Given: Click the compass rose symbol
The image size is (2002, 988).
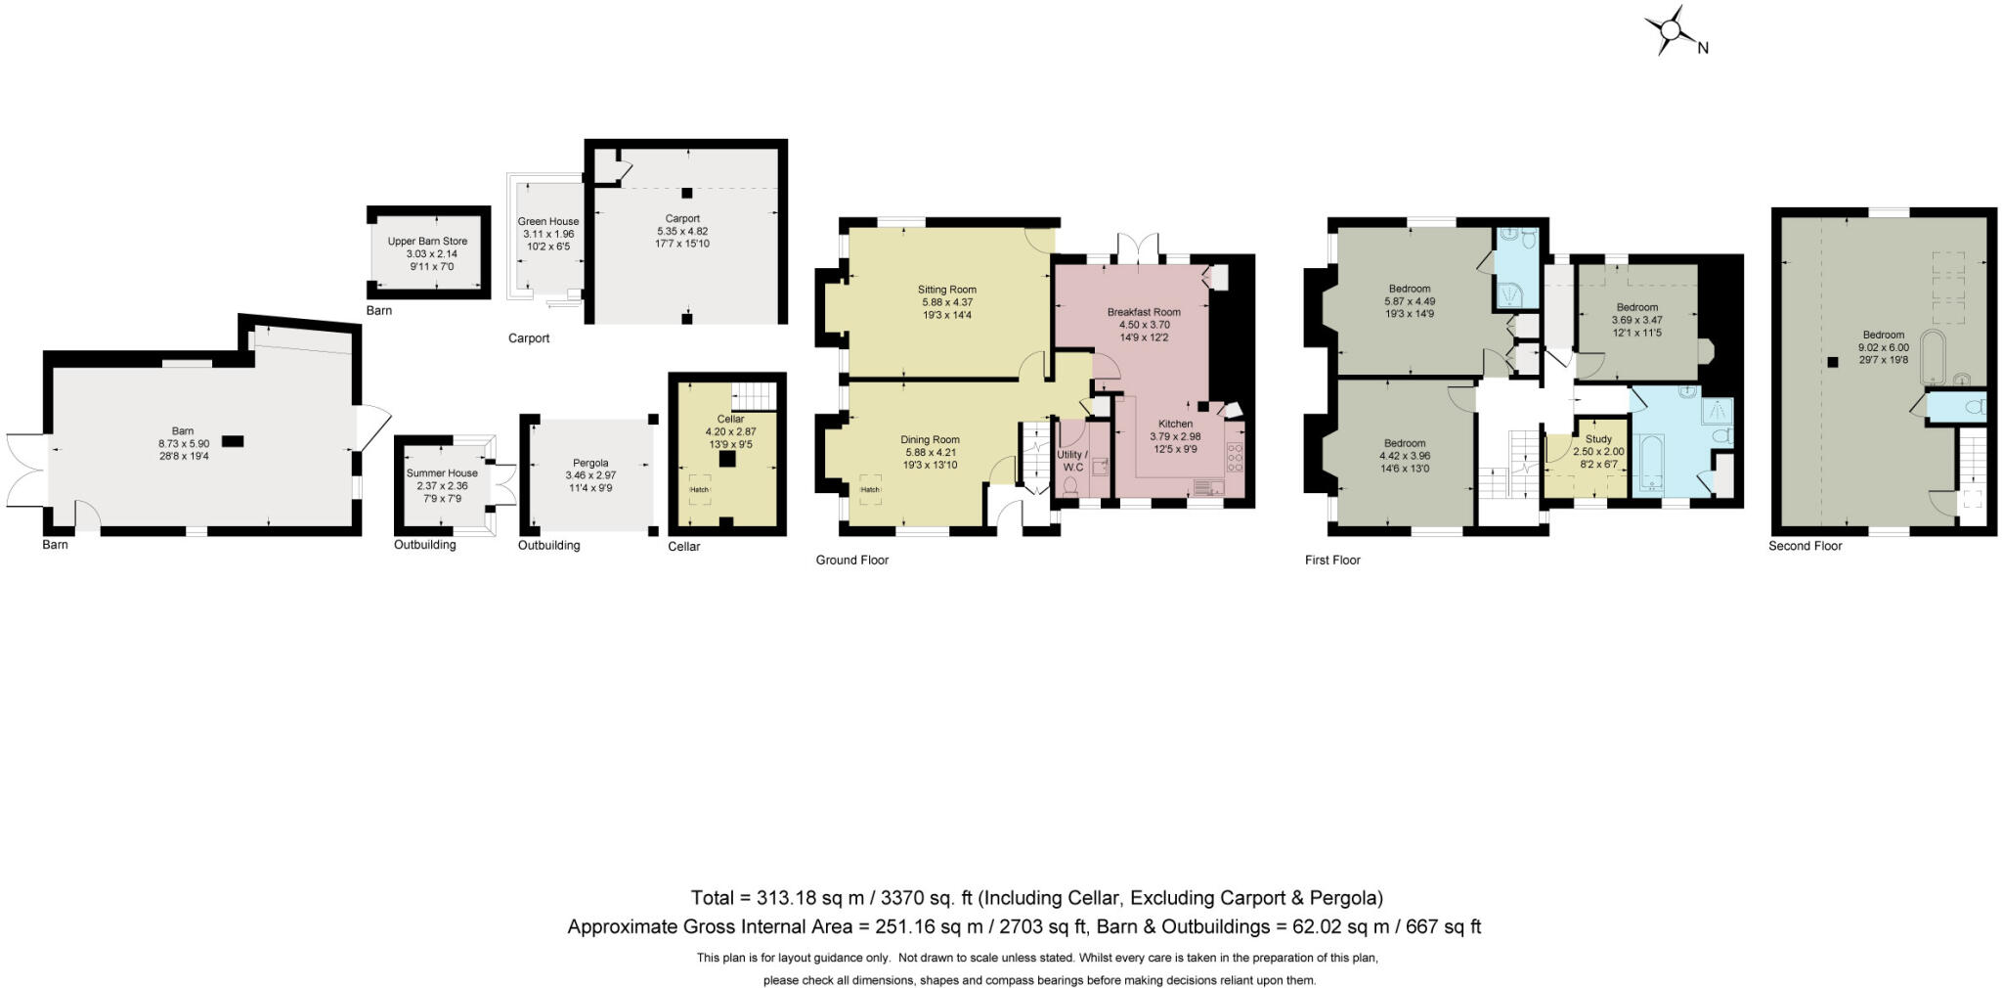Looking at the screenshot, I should click(x=1671, y=31).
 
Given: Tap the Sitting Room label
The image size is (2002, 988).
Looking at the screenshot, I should click(x=946, y=290).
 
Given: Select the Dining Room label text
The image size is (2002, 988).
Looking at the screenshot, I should click(x=930, y=440).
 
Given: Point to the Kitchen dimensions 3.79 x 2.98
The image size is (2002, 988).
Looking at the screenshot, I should click(x=1174, y=436).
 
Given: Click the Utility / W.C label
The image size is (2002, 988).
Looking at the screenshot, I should click(x=1071, y=461).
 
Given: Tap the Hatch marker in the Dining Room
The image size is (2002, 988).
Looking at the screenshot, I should click(x=870, y=490).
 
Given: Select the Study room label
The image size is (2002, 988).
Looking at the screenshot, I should click(x=1598, y=439).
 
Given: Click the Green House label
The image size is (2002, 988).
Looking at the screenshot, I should click(x=548, y=222).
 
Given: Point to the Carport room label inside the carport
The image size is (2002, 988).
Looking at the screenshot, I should click(x=682, y=219).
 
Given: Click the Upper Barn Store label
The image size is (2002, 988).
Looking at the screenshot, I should click(x=427, y=242).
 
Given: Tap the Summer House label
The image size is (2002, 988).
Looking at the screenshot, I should click(x=442, y=473).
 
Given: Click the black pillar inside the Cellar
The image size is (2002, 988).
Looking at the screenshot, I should click(x=726, y=459).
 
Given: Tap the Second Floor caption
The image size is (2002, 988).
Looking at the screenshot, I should click(x=1805, y=546).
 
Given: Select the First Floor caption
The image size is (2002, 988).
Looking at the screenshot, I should click(x=1331, y=561).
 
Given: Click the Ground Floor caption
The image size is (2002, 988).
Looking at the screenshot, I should click(x=851, y=561).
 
